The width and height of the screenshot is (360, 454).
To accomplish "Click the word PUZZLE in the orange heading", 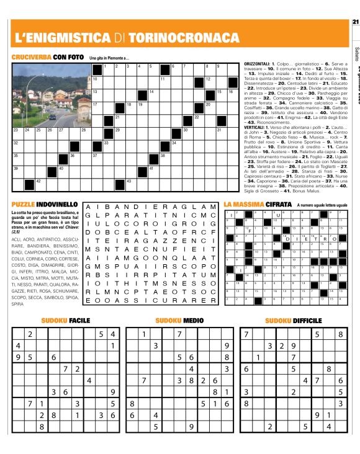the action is click(x=25, y=203).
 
